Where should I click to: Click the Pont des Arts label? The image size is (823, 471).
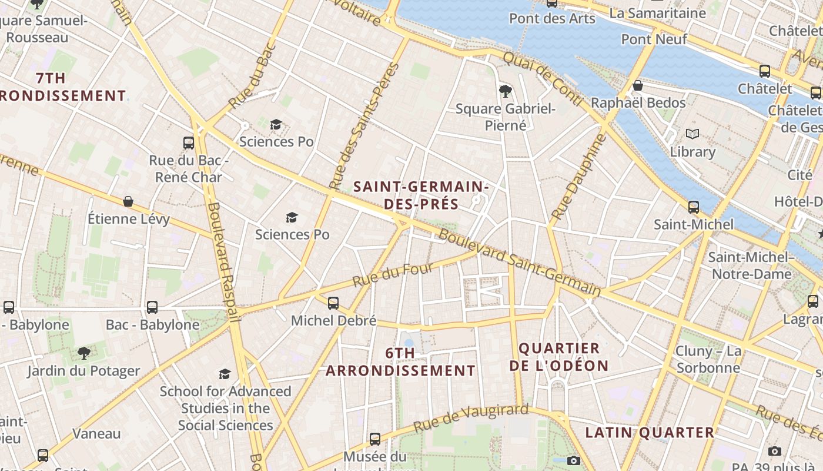pyautogui.click(x=552, y=18)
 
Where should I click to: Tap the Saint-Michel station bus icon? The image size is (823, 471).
pyautogui.click(x=694, y=207)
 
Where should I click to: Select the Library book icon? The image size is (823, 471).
pyautogui.click(x=692, y=134)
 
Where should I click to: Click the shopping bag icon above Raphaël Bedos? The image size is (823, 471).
pyautogui.click(x=638, y=86)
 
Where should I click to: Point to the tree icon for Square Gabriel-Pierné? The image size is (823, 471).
pyautogui.click(x=504, y=91)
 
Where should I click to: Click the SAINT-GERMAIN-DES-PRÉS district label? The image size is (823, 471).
pyautogui.click(x=421, y=195)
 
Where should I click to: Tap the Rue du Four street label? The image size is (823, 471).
pyautogui.click(x=393, y=275)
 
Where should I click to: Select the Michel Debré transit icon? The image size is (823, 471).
pyautogui.click(x=333, y=303)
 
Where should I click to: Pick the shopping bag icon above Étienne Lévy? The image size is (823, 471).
pyautogui.click(x=128, y=202)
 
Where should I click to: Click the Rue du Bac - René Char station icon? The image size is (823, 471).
pyautogui.click(x=189, y=142)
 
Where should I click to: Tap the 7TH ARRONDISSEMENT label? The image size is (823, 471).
pyautogui.click(x=59, y=87)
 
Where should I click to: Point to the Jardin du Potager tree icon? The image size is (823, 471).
pyautogui.click(x=84, y=353)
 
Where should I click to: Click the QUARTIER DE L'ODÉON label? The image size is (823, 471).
pyautogui.click(x=558, y=357)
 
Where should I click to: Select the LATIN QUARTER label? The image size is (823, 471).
pyautogui.click(x=650, y=433)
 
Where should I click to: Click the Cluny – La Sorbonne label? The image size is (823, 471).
pyautogui.click(x=708, y=359)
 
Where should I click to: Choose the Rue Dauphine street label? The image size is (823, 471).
pyautogui.click(x=578, y=177)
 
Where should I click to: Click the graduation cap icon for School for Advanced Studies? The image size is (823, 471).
pyautogui.click(x=225, y=374)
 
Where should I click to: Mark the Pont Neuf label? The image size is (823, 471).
pyautogui.click(x=654, y=39)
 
